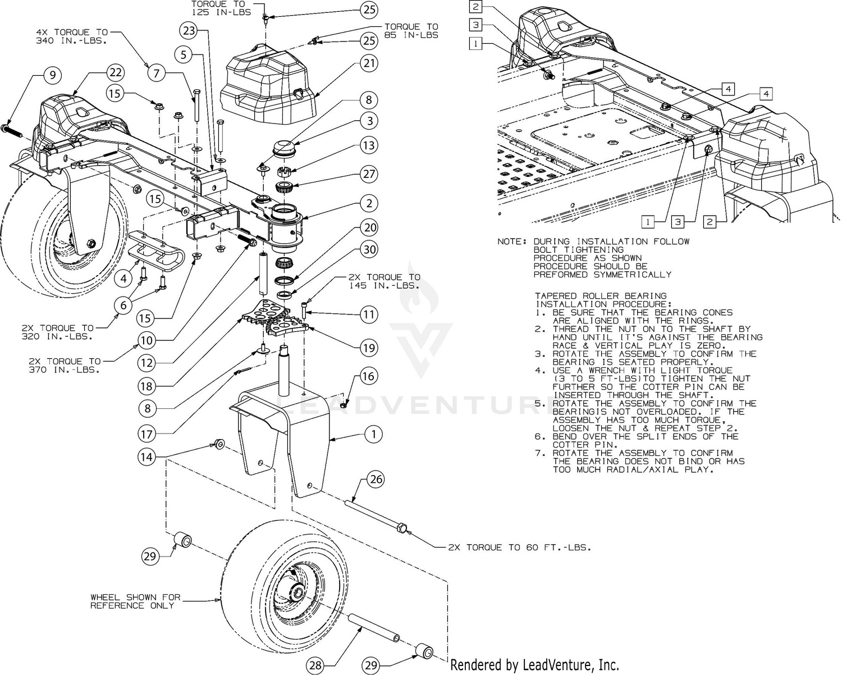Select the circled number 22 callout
tap(116, 72)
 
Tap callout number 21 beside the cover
tap(368, 63)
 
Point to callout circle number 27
tap(368, 174)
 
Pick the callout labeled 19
tap(368, 348)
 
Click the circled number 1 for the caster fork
tap(373, 434)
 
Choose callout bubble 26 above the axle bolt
tap(376, 480)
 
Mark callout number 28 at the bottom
tap(315, 666)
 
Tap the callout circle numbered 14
tap(147, 457)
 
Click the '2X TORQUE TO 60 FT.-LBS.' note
tap(519, 547)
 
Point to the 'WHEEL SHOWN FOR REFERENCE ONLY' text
tap(135, 601)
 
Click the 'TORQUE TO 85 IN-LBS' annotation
tap(410, 31)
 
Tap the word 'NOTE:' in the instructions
tap(511, 241)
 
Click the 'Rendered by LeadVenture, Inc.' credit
tap(534, 665)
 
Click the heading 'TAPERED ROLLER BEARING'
tap(601, 296)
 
